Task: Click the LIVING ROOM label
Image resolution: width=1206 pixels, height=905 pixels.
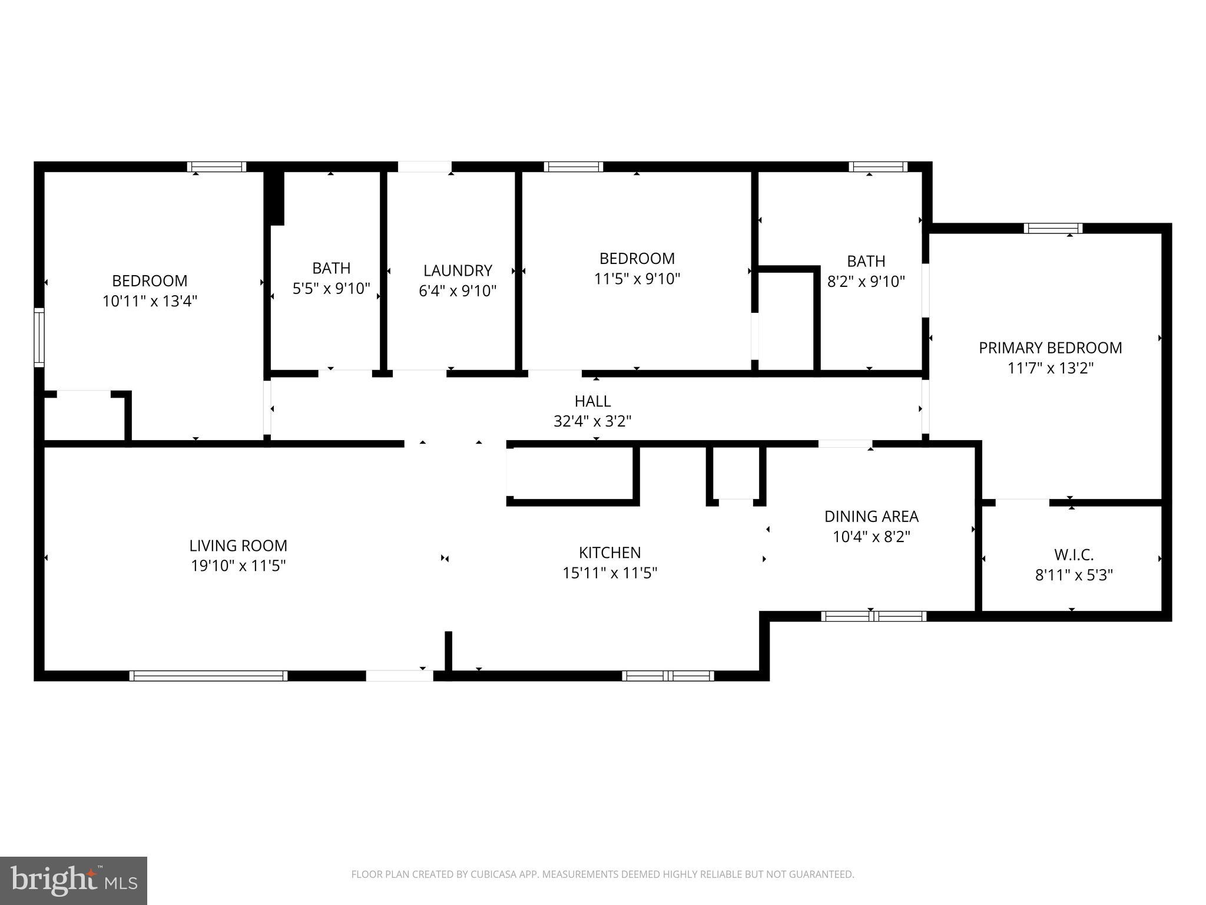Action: [238, 546]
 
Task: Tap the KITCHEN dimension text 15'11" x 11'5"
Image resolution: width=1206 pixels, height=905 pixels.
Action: [609, 573]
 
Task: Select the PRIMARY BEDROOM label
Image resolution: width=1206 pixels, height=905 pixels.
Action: [1050, 348]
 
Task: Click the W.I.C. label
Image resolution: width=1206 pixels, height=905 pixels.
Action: [1074, 554]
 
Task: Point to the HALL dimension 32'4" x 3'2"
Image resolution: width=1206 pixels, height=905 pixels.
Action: [592, 421]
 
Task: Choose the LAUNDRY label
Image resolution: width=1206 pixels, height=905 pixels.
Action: [458, 270]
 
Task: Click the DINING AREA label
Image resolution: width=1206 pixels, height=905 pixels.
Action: [871, 516]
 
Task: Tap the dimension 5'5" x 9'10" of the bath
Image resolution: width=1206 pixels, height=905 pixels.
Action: [331, 288]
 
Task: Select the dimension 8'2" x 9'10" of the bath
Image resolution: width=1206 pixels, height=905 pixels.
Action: [866, 282]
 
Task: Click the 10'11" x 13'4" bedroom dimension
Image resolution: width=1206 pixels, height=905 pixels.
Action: [150, 301]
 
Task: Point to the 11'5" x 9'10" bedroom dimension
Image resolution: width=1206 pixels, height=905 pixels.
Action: [637, 279]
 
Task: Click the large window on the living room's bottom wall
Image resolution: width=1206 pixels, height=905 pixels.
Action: [208, 676]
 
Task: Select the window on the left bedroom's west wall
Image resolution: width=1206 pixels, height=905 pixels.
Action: [39, 337]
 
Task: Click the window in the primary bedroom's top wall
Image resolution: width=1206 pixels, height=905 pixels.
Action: [1053, 228]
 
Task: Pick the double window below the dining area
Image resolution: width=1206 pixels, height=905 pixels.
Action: [873, 616]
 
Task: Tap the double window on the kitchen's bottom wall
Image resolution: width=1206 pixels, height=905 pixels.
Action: [668, 676]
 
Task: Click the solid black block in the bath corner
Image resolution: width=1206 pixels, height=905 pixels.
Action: [274, 198]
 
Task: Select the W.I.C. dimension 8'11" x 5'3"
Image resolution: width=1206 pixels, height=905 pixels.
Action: [1074, 575]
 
